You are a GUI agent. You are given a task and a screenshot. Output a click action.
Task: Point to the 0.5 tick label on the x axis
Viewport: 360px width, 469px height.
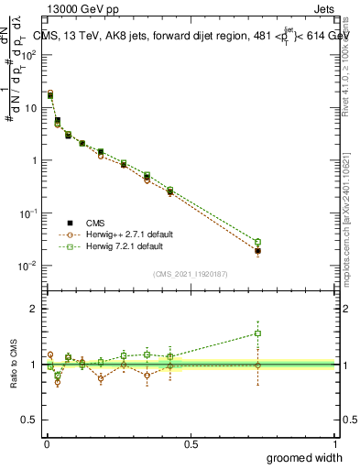click(191, 444)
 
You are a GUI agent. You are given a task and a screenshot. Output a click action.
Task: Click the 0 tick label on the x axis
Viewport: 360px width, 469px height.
click(46, 444)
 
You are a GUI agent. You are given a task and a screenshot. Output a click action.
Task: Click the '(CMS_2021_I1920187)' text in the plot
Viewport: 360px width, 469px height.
click(190, 273)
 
